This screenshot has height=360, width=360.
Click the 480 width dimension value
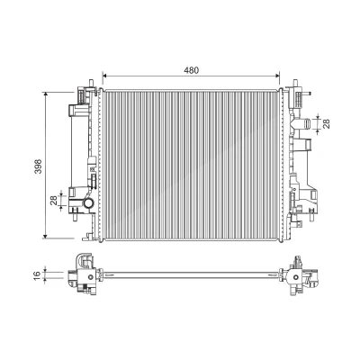(192, 70)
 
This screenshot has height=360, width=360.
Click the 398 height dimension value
(38, 166)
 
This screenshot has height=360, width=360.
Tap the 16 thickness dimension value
(37, 274)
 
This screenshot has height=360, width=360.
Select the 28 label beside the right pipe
(327, 123)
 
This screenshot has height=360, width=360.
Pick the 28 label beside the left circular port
(54, 200)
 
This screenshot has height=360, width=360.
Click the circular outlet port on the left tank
(89, 203)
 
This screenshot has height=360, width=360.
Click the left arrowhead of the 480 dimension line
(104, 76)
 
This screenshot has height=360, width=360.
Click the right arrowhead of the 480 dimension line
(277, 76)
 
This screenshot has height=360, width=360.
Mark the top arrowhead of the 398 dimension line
(46, 94)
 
